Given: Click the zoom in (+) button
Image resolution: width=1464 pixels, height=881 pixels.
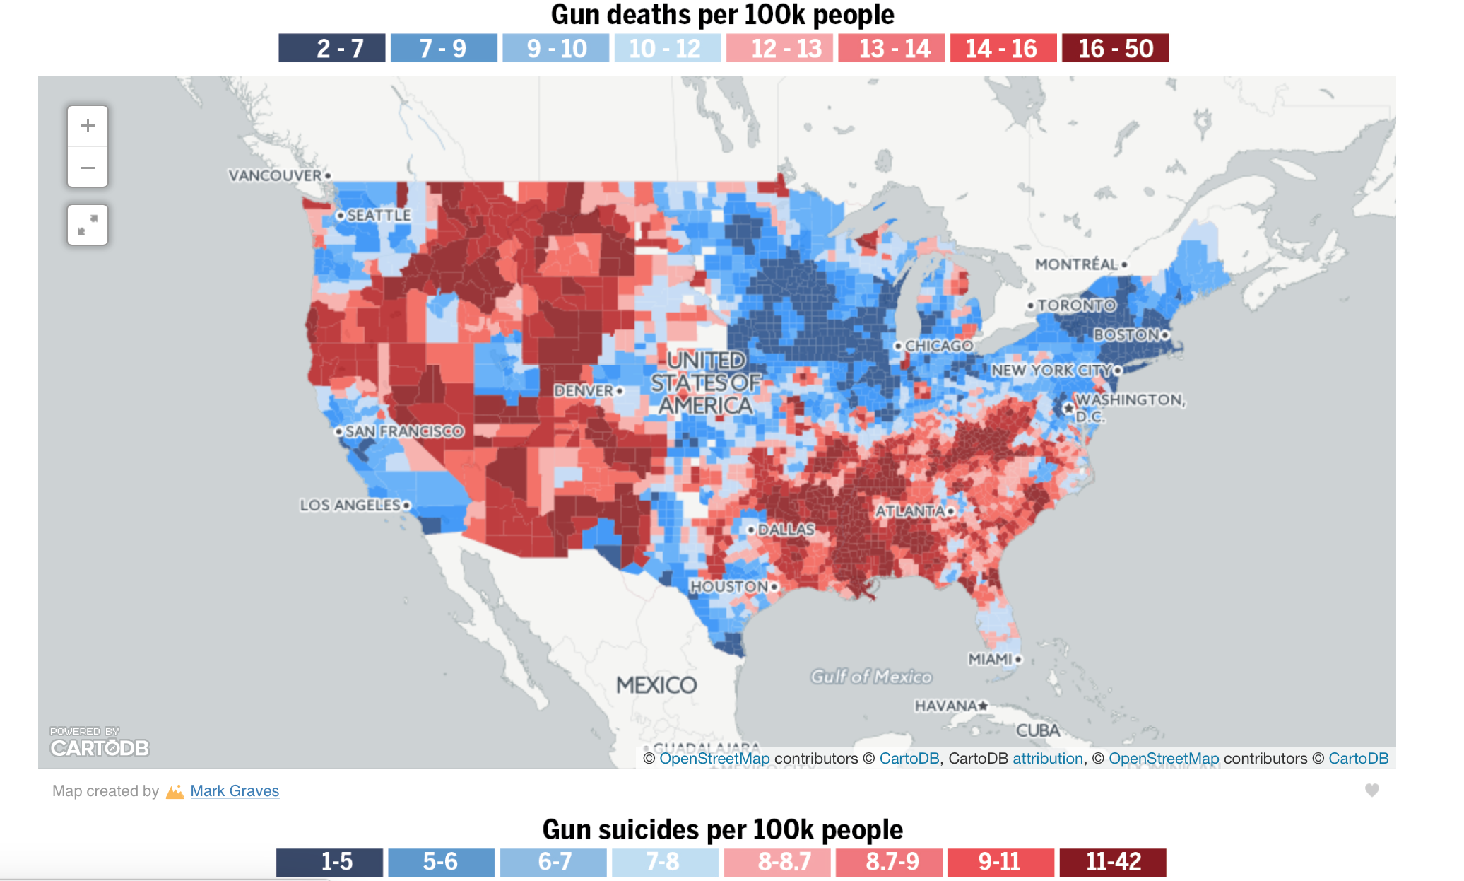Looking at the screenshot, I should [x=88, y=126].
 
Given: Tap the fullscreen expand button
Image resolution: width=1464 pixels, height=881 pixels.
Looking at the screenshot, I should [x=88, y=225].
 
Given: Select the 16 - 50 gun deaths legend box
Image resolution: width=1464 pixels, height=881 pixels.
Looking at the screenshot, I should [x=1115, y=48].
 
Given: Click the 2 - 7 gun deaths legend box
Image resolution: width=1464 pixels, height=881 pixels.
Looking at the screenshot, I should [x=332, y=48].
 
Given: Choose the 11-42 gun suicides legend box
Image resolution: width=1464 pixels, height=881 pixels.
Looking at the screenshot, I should [x=1113, y=862].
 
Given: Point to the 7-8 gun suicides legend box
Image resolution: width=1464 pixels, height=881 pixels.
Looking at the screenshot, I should [x=664, y=862].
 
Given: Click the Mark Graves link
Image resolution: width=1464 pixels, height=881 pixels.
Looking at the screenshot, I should [x=235, y=791].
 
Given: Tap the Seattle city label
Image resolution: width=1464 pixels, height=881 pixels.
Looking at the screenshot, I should [x=378, y=215].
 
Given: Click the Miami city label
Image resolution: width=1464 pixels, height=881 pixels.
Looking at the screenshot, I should [x=991, y=659].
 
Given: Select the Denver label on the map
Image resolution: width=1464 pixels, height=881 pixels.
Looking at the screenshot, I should [x=584, y=390].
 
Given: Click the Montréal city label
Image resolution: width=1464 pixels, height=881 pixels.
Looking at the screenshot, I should [x=1076, y=264].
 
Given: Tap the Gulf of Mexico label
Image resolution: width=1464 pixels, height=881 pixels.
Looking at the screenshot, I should [x=871, y=677].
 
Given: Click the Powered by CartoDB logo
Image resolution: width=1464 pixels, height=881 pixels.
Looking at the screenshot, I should [x=99, y=742].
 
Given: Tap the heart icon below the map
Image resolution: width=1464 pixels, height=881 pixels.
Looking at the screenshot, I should [x=1371, y=790].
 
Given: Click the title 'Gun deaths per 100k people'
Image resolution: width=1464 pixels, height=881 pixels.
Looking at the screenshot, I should [x=722, y=15].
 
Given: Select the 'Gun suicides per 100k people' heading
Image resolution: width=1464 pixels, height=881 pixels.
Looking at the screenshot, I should [x=722, y=829].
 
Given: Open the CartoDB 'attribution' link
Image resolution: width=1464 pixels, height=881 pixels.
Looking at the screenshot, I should [x=1048, y=759].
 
